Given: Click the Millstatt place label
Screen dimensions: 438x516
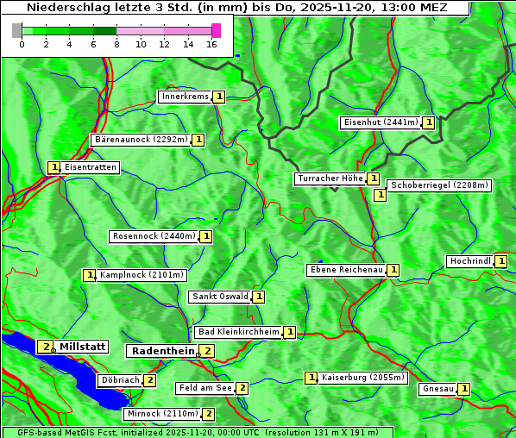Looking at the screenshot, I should pyautogui.click(x=82, y=347).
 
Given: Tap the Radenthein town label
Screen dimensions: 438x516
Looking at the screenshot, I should pyautogui.click(x=162, y=351).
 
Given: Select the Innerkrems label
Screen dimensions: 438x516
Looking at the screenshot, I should pyautogui.click(x=185, y=97).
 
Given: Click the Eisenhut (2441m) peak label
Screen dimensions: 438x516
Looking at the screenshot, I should pyautogui.click(x=381, y=122).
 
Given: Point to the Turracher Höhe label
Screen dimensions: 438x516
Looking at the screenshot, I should pyautogui.click(x=330, y=178).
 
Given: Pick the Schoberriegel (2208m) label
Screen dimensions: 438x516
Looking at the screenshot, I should pyautogui.click(x=439, y=185).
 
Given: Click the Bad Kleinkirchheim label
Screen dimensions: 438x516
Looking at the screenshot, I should pyautogui.click(x=238, y=332).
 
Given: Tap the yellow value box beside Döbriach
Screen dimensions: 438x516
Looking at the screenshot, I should pyautogui.click(x=150, y=380).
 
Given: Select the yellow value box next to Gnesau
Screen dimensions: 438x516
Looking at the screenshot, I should pyautogui.click(x=464, y=389).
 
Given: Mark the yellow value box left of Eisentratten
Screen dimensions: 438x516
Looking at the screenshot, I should pyautogui.click(x=53, y=167).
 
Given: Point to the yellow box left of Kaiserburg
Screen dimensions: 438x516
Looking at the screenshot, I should pyautogui.click(x=311, y=378).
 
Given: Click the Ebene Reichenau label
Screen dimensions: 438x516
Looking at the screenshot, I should pyautogui.click(x=346, y=270).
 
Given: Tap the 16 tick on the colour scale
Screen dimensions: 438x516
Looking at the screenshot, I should pyautogui.click(x=212, y=43).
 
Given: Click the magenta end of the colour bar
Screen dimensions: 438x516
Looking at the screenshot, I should pyautogui.click(x=216, y=30).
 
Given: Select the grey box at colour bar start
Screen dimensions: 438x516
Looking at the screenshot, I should pyautogui.click(x=17, y=30).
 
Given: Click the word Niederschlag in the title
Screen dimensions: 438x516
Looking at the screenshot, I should pyautogui.click(x=72, y=8).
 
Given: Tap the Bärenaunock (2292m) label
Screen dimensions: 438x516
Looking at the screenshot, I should pyautogui.click(x=140, y=140).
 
